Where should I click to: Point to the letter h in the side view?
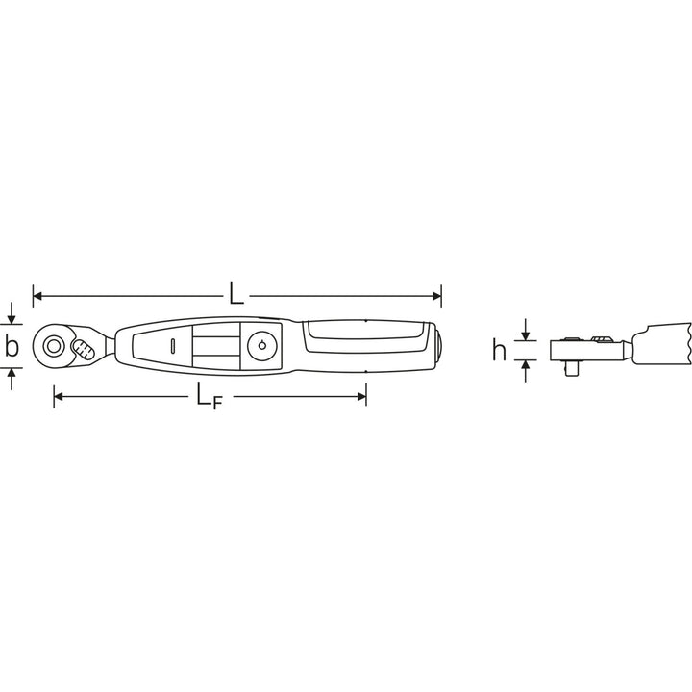click(499, 351)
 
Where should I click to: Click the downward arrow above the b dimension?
click(12, 318)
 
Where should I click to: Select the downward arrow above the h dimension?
click(525, 330)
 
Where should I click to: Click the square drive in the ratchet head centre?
click(52, 343)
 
